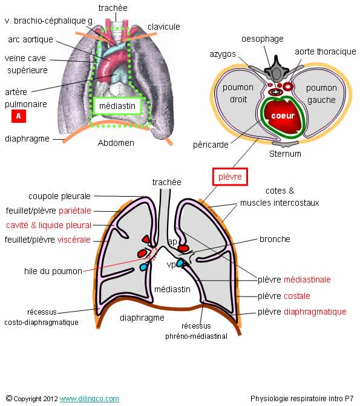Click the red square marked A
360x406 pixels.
[19, 116]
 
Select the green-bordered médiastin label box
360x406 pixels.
[117, 106]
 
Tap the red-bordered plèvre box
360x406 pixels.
[230, 177]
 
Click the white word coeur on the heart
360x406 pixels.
[283, 116]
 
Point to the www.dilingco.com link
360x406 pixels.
[90, 399]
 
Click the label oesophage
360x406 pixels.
[263, 39]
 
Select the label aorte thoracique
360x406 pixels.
[326, 51]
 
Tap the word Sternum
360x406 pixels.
[285, 154]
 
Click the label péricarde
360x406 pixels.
[211, 145]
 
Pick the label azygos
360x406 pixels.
[223, 54]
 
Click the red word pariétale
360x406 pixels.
[75, 211]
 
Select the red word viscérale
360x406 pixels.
[74, 240]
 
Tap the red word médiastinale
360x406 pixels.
[307, 280]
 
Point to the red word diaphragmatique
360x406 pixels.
[315, 312]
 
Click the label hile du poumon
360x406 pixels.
[53, 271]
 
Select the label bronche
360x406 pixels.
[275, 239]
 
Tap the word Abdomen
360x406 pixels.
[116, 143]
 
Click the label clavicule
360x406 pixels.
[164, 27]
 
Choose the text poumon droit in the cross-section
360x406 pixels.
[238, 93]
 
